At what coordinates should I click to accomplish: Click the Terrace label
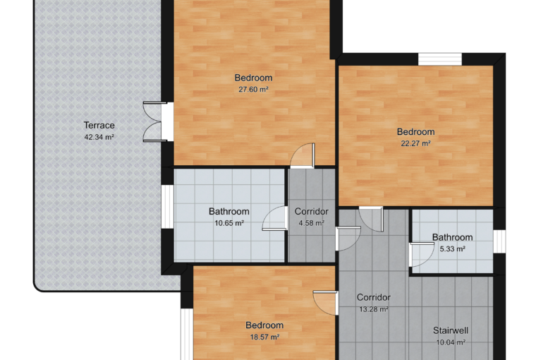[x=99, y=125]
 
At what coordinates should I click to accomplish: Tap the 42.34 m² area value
[x=99, y=137]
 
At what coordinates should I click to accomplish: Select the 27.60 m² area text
[x=253, y=90]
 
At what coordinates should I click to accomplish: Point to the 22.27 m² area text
[x=415, y=143]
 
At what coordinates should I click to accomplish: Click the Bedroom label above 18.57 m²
[x=264, y=325]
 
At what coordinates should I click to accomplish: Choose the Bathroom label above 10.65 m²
[x=229, y=212]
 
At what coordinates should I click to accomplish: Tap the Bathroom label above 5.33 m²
[x=452, y=237]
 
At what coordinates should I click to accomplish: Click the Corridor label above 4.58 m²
[x=312, y=212]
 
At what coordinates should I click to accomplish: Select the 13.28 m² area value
[x=374, y=309]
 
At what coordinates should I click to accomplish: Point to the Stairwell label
[x=451, y=330]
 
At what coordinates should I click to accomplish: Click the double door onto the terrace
[x=155, y=121]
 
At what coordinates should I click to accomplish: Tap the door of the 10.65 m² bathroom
[x=274, y=218]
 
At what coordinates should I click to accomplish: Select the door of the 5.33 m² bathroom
[x=422, y=255]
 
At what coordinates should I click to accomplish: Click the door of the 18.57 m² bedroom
[x=326, y=304]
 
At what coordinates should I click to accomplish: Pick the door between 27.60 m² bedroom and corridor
[x=303, y=156]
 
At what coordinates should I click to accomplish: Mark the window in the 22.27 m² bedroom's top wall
[x=440, y=59]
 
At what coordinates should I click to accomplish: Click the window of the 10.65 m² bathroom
[x=168, y=206]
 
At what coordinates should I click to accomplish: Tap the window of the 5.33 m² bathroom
[x=499, y=241]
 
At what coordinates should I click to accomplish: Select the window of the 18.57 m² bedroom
[x=187, y=334]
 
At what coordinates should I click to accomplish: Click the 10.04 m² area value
[x=451, y=342]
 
